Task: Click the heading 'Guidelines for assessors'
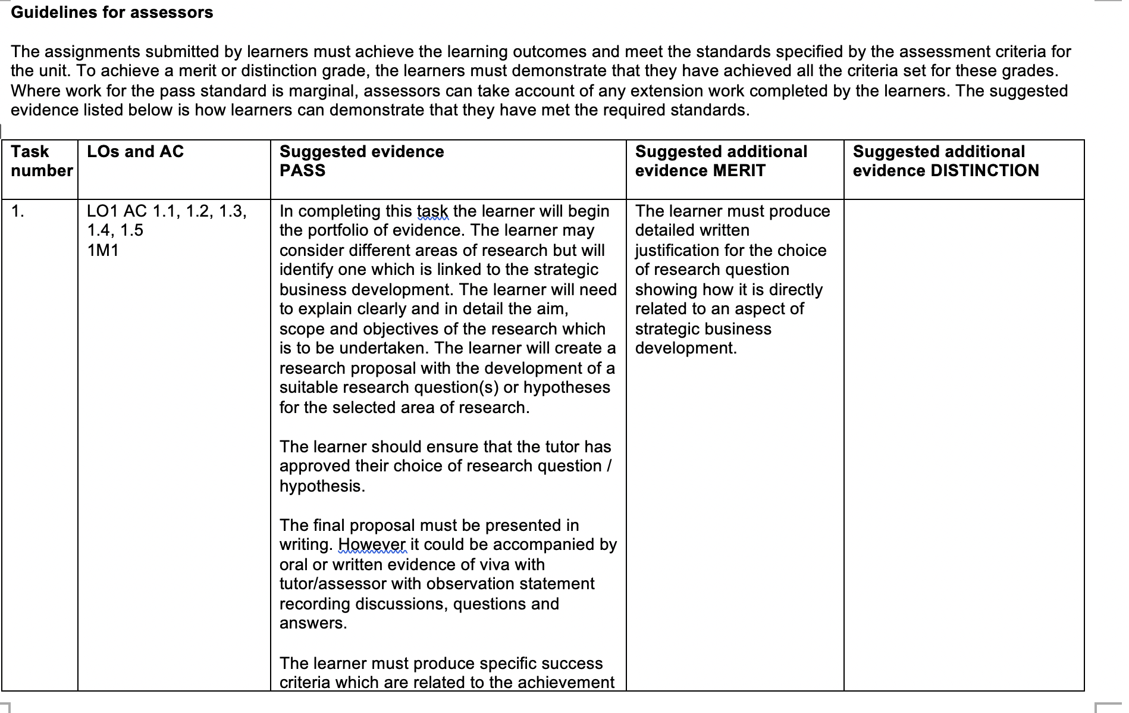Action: [112, 12]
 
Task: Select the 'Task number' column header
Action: [41, 161]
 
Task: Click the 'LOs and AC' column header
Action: [135, 152]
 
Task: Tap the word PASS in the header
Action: [302, 171]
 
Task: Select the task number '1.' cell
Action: [18, 211]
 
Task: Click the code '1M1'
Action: [103, 251]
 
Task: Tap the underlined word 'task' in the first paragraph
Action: [432, 211]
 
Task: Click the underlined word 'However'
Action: [372, 545]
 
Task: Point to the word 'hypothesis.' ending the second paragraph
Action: [322, 486]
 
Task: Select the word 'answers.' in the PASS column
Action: [313, 623]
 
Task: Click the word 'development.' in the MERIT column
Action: [686, 348]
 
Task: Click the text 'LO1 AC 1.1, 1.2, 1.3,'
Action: [167, 211]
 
